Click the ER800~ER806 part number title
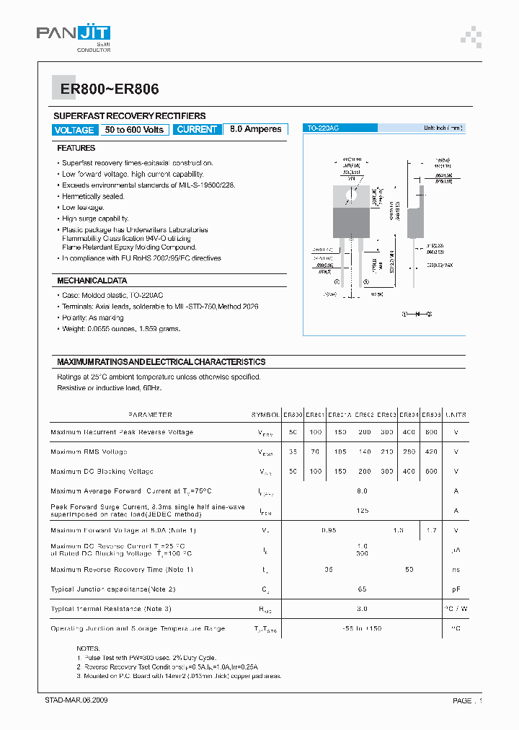(105, 89)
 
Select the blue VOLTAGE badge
(74, 130)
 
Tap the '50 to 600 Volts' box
(135, 130)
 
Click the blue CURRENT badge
(196, 130)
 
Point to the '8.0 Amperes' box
(255, 130)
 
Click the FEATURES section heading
(76, 148)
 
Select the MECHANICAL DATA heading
(92, 281)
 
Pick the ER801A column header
(340, 415)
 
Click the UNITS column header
(456, 415)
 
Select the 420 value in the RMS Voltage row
(431, 452)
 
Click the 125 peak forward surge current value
(362, 510)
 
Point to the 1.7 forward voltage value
(431, 530)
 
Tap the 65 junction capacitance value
(362, 589)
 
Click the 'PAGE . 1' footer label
(467, 700)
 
